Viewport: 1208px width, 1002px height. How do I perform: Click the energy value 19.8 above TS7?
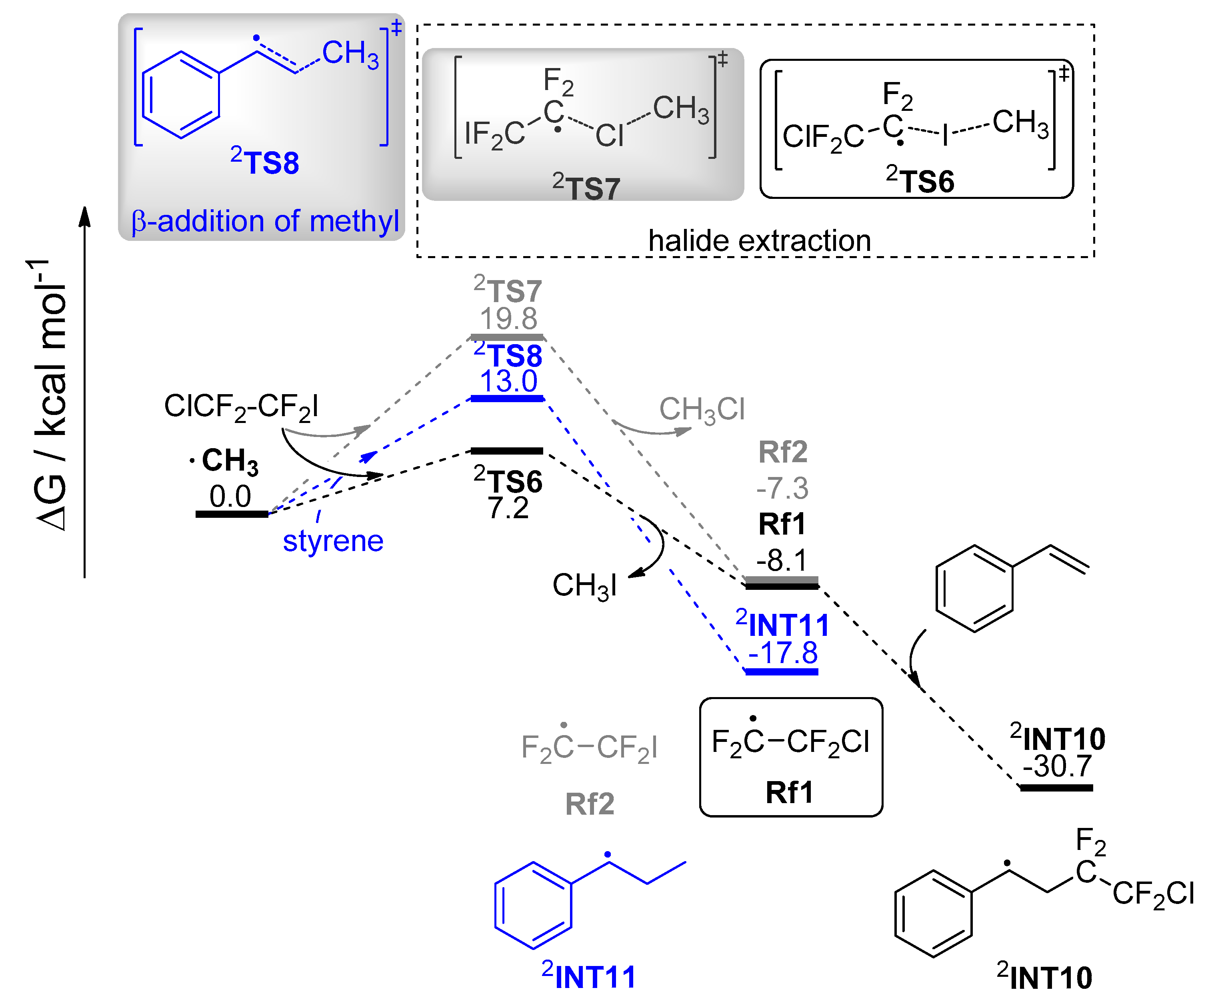point(508,318)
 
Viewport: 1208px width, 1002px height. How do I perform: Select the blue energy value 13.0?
point(508,381)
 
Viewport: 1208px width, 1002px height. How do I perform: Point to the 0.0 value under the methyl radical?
point(230,496)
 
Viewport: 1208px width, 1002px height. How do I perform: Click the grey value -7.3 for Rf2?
point(782,488)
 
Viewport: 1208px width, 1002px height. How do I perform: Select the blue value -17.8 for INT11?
point(782,653)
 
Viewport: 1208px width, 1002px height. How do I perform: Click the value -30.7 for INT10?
point(1057,766)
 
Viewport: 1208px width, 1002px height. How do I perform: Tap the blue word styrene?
point(333,541)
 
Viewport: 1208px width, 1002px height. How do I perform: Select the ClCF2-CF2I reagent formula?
point(241,406)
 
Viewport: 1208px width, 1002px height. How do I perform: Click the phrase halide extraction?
point(759,240)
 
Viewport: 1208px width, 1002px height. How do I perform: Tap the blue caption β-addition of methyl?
point(265,221)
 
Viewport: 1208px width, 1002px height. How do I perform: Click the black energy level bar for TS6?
point(507,451)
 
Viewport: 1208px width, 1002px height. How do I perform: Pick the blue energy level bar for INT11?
point(782,671)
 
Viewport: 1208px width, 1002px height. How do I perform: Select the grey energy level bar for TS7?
point(507,337)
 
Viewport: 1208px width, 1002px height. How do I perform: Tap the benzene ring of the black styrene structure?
point(974,588)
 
